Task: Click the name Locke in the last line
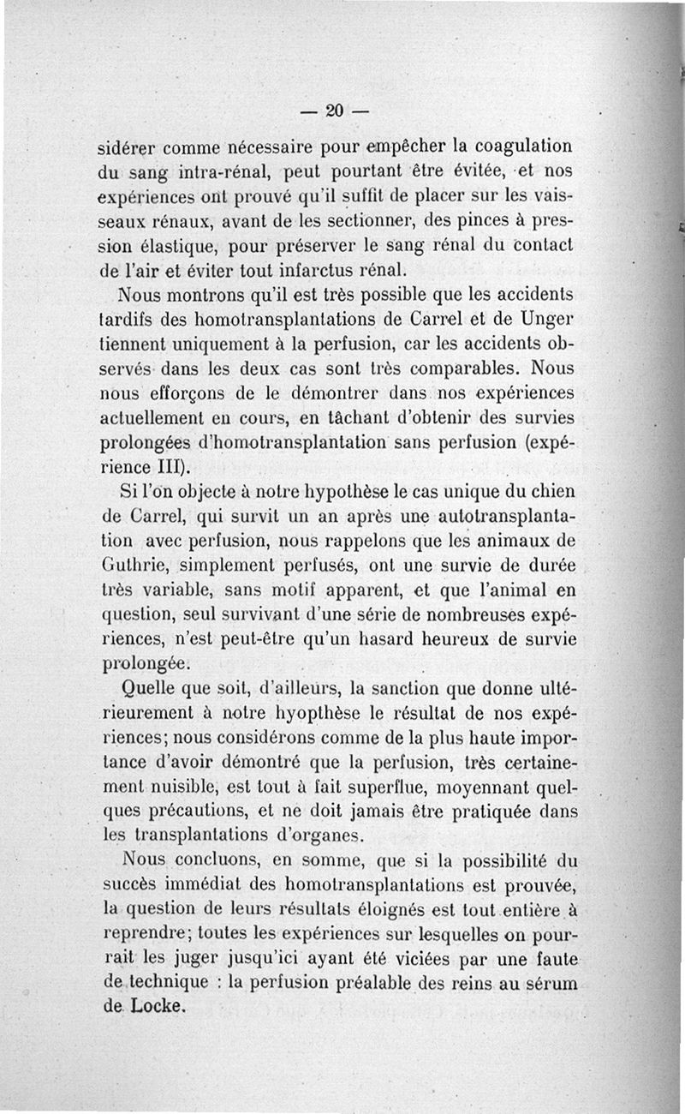pyautogui.click(x=159, y=1006)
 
